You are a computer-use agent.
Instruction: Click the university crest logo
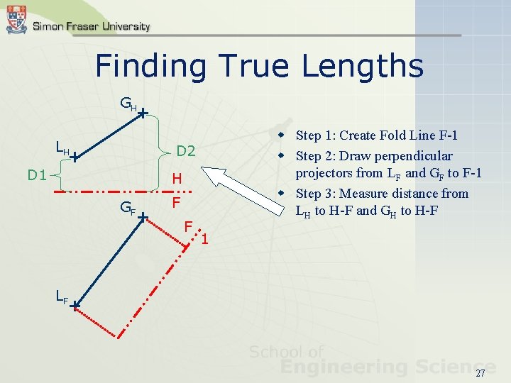coord(16,19)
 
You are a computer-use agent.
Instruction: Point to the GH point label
coord(128,106)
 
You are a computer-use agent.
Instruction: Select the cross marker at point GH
coord(143,113)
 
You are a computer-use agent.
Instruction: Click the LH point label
coord(62,148)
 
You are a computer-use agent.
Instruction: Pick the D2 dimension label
coord(186,151)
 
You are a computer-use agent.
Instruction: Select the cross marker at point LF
coord(74,306)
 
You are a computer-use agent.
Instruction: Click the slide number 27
coord(480,373)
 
